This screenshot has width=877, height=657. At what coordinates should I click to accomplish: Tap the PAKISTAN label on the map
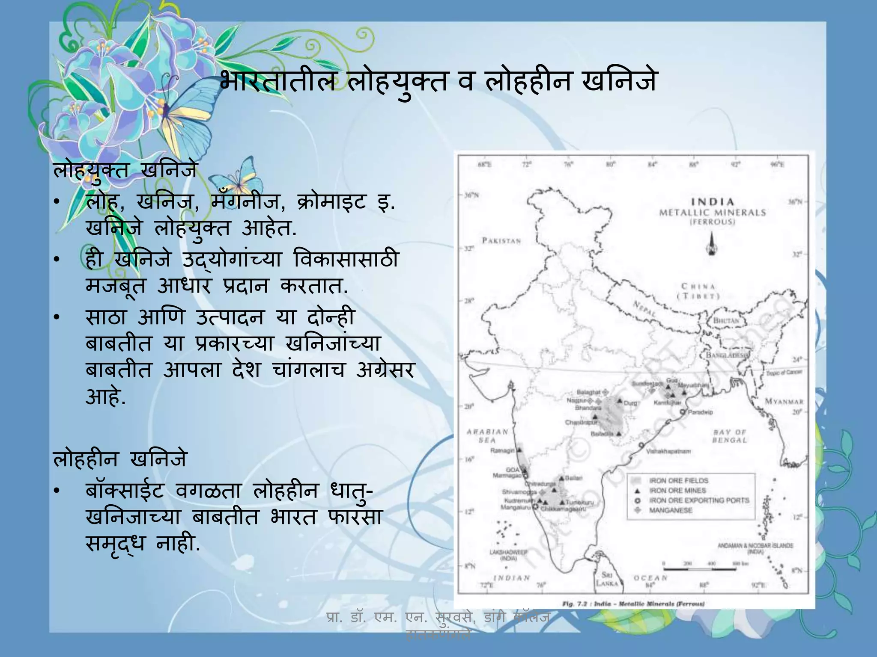point(501,241)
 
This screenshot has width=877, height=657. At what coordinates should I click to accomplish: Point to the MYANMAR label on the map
point(784,402)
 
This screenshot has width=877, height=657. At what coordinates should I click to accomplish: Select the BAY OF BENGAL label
point(730,436)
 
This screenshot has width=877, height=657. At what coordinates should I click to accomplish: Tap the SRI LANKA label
point(607,579)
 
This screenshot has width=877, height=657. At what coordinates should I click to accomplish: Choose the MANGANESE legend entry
point(671,510)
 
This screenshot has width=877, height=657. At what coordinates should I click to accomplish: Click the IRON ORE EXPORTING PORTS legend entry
point(699,500)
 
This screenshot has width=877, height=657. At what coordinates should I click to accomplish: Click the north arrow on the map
point(712,244)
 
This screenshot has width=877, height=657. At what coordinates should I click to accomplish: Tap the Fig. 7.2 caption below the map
point(633,604)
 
